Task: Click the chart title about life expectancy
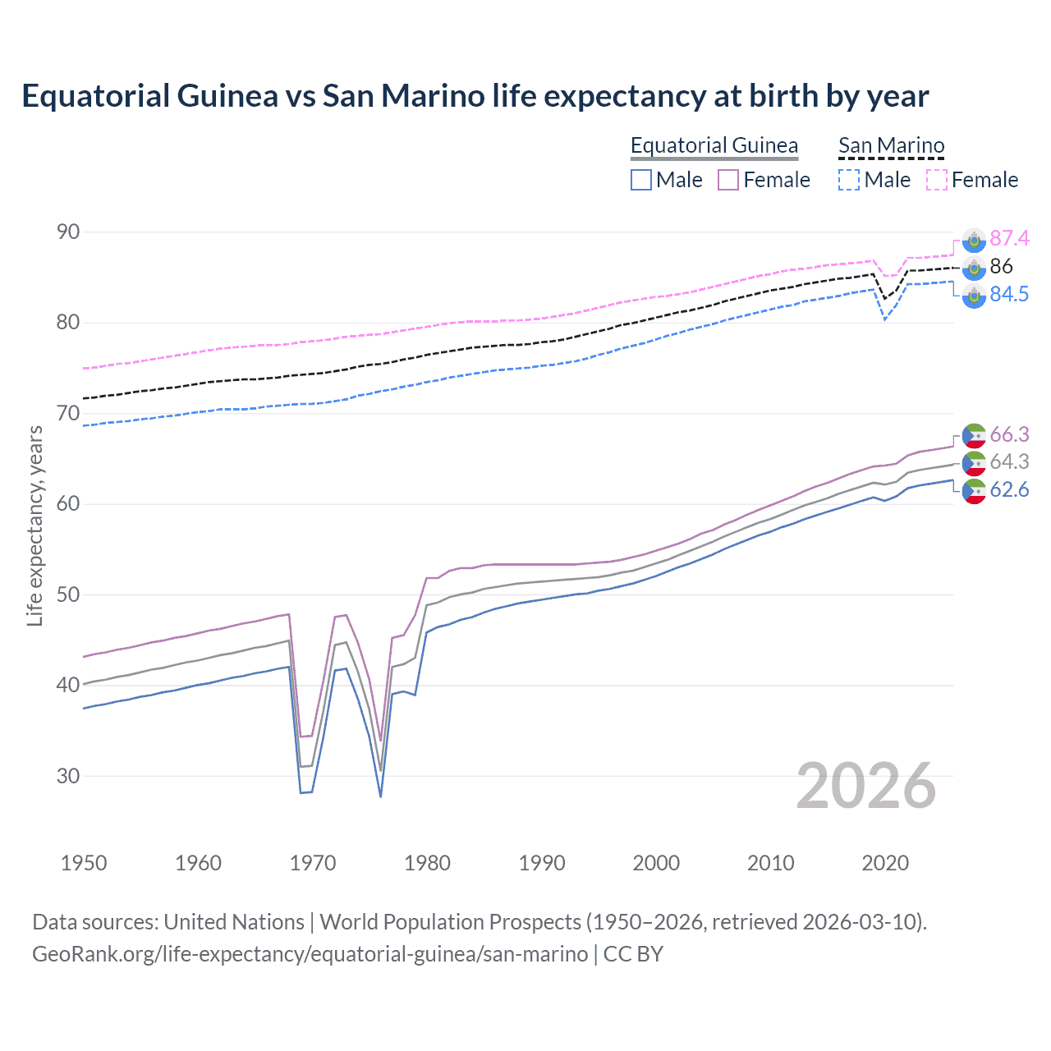475,96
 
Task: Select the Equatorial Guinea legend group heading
714,145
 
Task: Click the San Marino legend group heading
891,145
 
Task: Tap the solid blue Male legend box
641,180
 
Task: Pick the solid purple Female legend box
728,180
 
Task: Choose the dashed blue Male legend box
849,180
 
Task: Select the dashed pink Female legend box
937,180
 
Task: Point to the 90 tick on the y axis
68,232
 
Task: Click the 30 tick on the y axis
68,776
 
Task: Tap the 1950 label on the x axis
84,863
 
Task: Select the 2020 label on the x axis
885,863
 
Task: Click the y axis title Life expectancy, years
34,525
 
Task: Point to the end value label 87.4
1009,238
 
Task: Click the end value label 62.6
1009,490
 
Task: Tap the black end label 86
1001,266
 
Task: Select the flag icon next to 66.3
974,435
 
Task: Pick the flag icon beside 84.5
974,296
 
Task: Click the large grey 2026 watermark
865,786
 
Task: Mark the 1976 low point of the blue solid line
381,796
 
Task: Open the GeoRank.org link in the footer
310,954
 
